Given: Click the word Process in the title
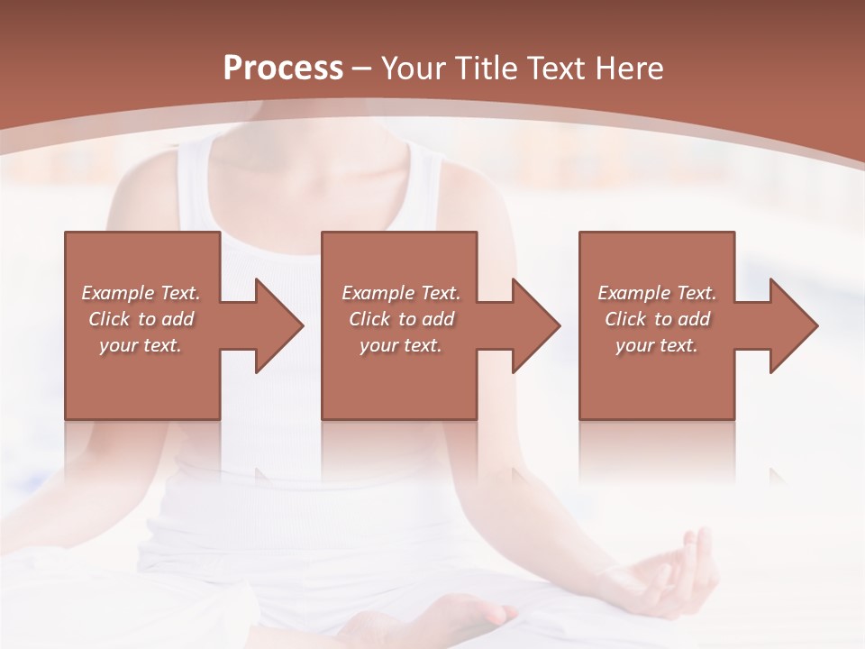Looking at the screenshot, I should (x=283, y=69).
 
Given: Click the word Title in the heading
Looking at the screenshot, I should (x=485, y=69).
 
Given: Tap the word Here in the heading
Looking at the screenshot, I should (x=630, y=69).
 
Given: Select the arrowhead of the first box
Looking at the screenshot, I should (x=275, y=325).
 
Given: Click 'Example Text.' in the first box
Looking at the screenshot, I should (x=141, y=293).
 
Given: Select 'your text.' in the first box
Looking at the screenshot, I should (x=141, y=345).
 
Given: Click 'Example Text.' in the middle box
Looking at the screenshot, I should (x=400, y=293).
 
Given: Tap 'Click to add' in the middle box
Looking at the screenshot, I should (x=400, y=319).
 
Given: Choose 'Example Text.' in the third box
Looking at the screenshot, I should (x=657, y=293).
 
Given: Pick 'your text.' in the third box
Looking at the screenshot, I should (x=657, y=345).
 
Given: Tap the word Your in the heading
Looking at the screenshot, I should (x=413, y=69).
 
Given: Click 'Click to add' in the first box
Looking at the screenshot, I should (x=141, y=319).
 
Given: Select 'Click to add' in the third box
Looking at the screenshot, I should (x=657, y=319).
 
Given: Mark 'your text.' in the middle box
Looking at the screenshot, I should (x=400, y=345).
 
